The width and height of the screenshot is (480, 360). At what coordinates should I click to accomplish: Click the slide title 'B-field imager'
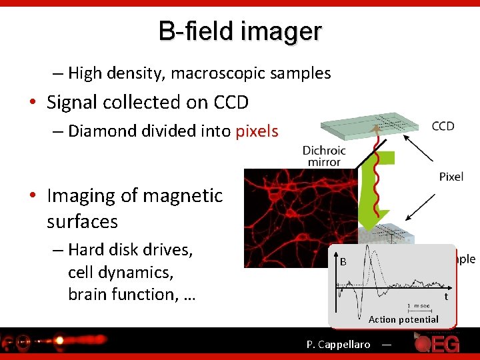pyautogui.click(x=240, y=31)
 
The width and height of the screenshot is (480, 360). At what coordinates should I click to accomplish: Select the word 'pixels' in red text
pyautogui.click(x=257, y=131)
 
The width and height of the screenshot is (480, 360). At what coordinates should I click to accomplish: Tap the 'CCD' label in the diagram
pyautogui.click(x=443, y=127)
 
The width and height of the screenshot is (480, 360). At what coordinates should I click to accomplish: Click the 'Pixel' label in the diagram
pyautogui.click(x=451, y=177)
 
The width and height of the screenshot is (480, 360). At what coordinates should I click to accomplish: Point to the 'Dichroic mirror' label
pyautogui.click(x=324, y=156)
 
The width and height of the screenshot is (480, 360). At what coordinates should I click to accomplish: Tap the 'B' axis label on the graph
pyautogui.click(x=343, y=262)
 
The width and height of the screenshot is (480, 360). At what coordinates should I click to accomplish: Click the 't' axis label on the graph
pyautogui.click(x=447, y=297)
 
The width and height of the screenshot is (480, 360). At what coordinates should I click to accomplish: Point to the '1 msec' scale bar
pyautogui.click(x=419, y=307)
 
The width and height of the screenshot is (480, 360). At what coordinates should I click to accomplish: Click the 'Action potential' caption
pyautogui.click(x=403, y=319)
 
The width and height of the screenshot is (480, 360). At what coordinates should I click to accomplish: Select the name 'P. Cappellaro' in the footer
pyautogui.click(x=338, y=345)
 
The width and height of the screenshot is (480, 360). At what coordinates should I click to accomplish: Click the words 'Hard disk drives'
pyautogui.click(x=131, y=250)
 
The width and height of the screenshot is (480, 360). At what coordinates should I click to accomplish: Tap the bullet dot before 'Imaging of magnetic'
pyautogui.click(x=32, y=196)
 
